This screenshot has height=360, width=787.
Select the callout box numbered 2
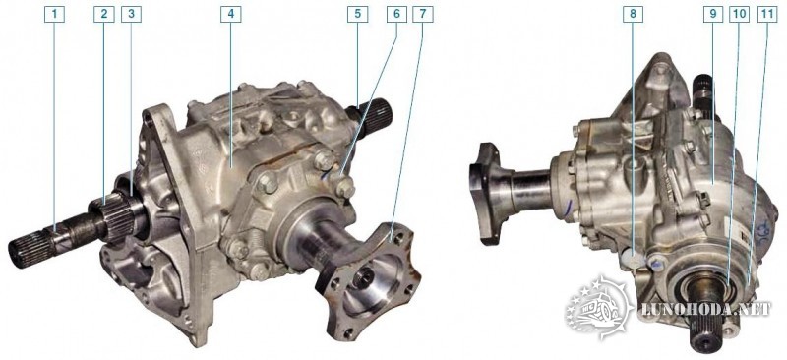pos(104,15)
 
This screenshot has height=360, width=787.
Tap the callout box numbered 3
pos(131,15)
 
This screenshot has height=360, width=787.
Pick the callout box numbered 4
pos(231,15)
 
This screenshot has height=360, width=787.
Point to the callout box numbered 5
pos(357,15)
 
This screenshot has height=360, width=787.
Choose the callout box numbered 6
pos(396,15)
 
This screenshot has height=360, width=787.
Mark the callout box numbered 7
pos(423,15)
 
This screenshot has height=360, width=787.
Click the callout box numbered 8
pos(633,15)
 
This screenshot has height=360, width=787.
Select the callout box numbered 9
pos(712,15)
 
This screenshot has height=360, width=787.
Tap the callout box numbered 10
pos(739,15)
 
